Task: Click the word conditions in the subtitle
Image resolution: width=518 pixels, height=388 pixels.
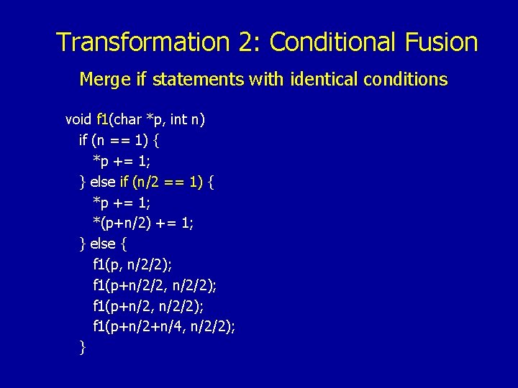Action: click(x=407, y=79)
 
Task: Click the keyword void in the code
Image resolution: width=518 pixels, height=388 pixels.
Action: click(x=78, y=119)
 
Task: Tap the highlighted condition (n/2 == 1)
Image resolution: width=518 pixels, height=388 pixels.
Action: click(x=167, y=182)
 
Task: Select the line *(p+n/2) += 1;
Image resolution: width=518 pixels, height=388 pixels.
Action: click(x=143, y=223)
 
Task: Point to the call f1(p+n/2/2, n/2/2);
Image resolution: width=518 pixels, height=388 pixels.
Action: click(x=155, y=286)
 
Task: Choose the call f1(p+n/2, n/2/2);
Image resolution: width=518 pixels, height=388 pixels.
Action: click(x=149, y=307)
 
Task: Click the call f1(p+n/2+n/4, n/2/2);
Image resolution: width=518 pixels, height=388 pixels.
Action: click(x=164, y=328)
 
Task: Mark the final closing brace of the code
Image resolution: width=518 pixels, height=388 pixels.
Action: click(x=83, y=348)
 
